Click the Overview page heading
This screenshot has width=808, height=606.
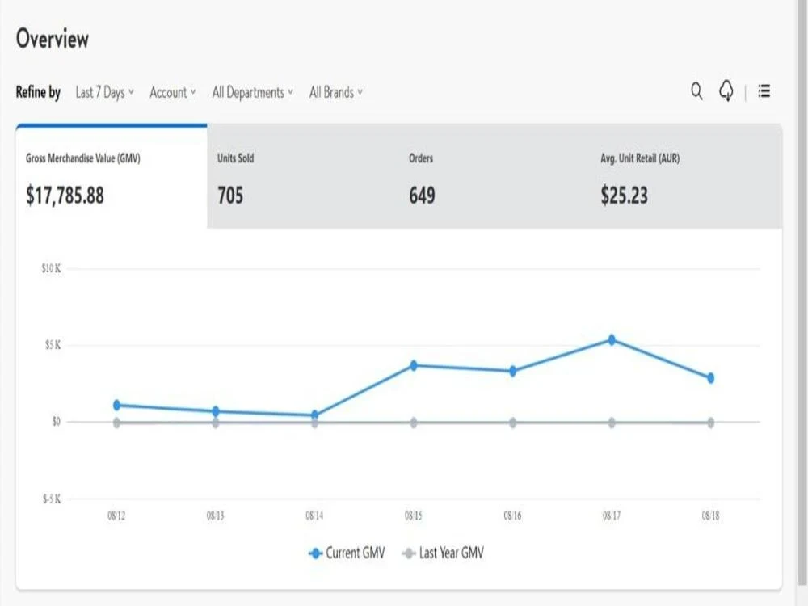point(52,39)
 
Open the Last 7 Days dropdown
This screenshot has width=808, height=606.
point(104,92)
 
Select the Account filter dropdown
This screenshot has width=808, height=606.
point(173,92)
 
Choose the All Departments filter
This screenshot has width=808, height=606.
point(252,92)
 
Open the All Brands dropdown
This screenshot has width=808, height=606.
point(336,92)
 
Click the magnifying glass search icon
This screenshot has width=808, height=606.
point(696,91)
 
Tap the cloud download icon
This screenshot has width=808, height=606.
point(726,90)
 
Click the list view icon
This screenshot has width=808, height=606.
point(764,91)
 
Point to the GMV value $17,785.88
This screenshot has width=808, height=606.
point(65,196)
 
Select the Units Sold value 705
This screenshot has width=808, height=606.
point(229,196)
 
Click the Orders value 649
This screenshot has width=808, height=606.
point(422,196)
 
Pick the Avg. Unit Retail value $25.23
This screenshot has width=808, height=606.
point(624,196)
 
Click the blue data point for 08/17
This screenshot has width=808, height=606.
point(612,339)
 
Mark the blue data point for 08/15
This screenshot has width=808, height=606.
point(414,365)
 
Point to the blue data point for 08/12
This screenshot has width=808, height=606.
point(117,405)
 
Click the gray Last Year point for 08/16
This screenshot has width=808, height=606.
point(513,423)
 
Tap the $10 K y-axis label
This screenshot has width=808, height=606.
point(51,268)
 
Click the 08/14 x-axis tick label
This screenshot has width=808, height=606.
point(314,516)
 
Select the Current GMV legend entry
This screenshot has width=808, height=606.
point(347,553)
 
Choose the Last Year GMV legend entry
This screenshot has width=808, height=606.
point(443,553)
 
